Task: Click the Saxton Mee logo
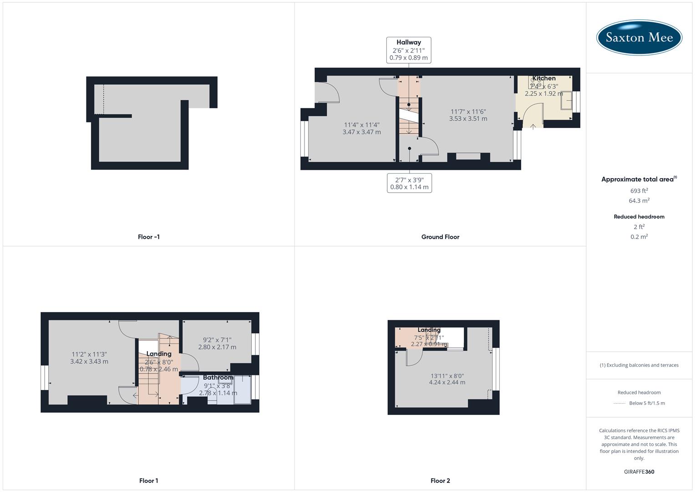[639, 37]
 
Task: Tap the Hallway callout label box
[408, 50]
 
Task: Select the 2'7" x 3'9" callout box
[409, 183]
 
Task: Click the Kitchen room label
[544, 78]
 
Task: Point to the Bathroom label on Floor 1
[218, 377]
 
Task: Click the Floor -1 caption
[149, 237]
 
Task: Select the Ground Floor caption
[440, 237]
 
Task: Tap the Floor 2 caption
[440, 481]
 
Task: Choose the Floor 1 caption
[149, 481]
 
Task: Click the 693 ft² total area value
[639, 191]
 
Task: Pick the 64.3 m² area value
[639, 200]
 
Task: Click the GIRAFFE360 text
[639, 471]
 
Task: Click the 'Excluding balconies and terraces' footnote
[639, 365]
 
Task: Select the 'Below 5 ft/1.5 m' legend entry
[647, 403]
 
